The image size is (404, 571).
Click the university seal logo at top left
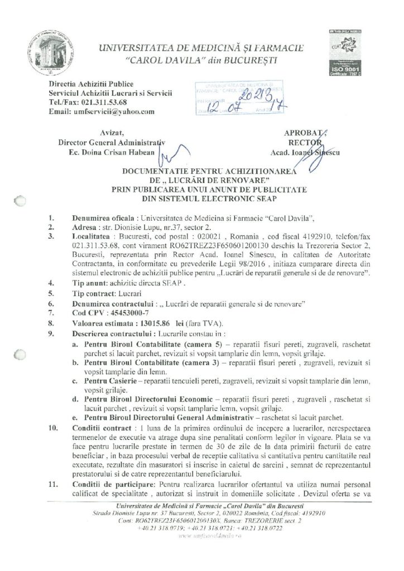pos(51,50)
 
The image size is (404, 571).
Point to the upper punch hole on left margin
pos(20,202)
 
